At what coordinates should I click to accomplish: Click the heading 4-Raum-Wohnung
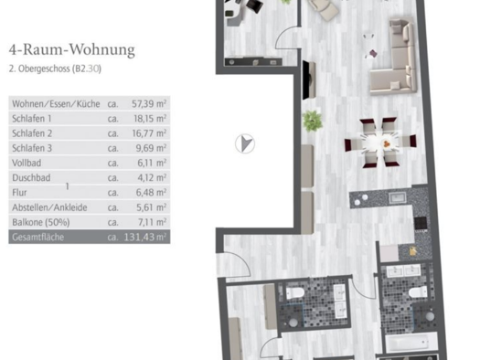pos(72,50)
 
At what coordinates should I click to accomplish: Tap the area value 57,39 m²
pos(149,103)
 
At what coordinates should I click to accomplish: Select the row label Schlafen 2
pos(32,133)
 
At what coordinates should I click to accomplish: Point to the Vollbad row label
pos(27,163)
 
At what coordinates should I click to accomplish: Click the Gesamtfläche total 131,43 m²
pos(145,237)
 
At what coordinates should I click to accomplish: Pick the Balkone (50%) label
pos(41,222)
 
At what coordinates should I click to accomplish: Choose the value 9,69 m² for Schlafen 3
pos(151,148)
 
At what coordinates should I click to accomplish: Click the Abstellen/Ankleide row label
pos(49,207)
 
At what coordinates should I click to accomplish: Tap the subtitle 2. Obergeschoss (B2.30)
pos(55,69)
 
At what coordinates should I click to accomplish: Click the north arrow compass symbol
pos(245,143)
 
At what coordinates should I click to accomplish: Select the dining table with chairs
pos(380,143)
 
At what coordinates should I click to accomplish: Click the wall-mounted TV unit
pos(309,80)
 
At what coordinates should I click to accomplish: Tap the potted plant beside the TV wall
pos(313,121)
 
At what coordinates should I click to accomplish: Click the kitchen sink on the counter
pos(398,197)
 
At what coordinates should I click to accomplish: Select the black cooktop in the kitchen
pos(421,223)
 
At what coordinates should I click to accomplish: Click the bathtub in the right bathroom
pos(411,343)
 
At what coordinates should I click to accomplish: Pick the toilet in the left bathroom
pos(295,293)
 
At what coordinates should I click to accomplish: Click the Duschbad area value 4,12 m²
pos(152,177)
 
